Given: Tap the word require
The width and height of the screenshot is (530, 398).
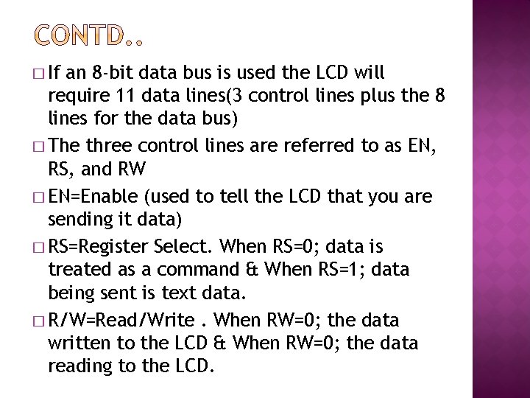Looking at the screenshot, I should point(76,96).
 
